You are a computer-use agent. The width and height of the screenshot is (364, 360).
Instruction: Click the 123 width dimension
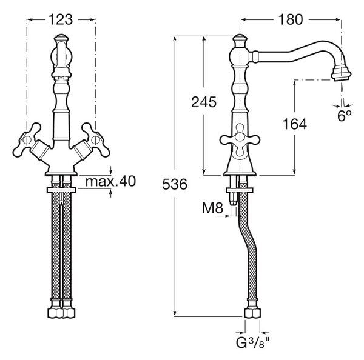point(60,20)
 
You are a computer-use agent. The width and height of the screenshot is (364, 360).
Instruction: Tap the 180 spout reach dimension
point(291,20)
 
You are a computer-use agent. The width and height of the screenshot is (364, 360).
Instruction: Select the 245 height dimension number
point(204,102)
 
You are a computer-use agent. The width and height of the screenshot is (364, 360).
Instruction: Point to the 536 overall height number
point(175,184)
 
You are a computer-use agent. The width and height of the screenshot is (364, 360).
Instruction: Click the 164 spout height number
point(294,124)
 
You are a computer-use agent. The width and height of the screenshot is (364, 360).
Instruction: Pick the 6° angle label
point(344,116)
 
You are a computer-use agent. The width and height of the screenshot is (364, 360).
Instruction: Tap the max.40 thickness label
point(110,181)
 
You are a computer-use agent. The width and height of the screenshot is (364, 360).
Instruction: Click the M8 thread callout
point(212,208)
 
